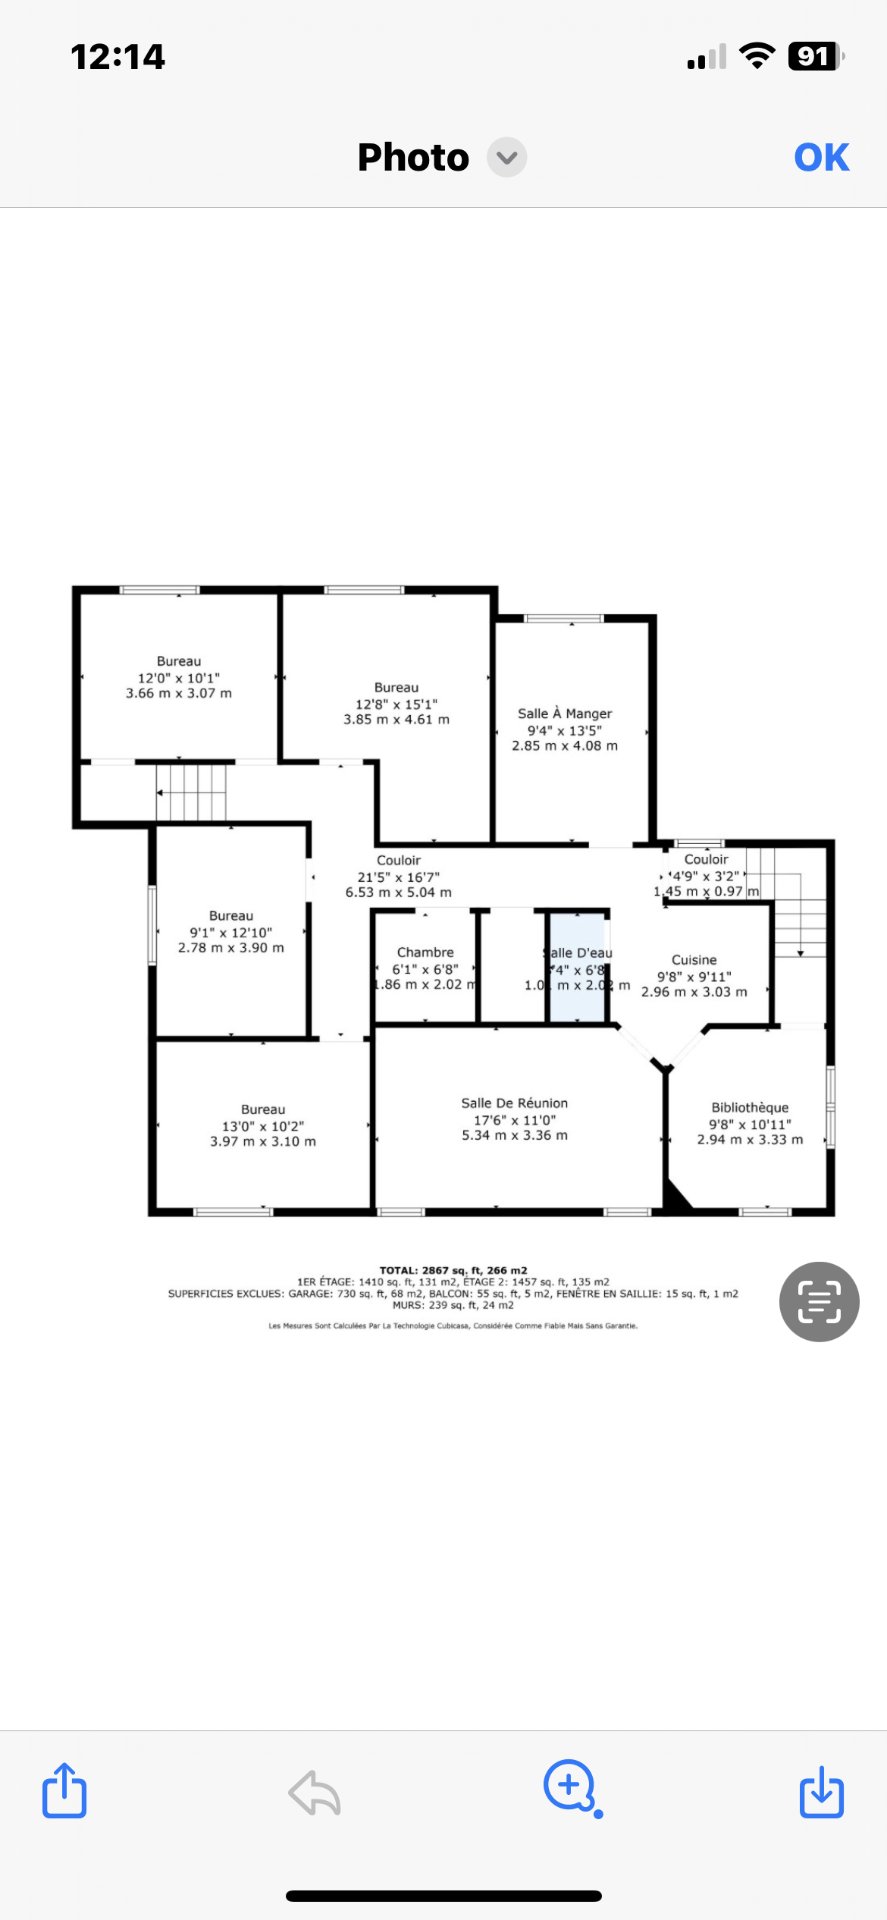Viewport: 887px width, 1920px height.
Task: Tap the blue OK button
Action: (x=821, y=157)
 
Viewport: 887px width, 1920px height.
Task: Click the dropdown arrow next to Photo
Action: (x=507, y=158)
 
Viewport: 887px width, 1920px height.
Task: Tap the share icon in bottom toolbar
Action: (x=64, y=1790)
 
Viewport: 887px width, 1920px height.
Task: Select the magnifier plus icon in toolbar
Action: (x=570, y=1786)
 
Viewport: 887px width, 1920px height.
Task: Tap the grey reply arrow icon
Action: (x=315, y=1792)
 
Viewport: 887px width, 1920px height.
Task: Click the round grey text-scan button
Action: (x=819, y=1301)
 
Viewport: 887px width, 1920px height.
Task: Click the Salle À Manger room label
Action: (x=564, y=713)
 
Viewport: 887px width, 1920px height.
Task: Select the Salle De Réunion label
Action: (x=514, y=1102)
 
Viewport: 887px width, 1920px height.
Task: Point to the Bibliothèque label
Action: (x=750, y=1107)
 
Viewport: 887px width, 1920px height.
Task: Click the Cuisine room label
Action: (x=694, y=959)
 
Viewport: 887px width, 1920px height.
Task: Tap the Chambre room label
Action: (x=425, y=952)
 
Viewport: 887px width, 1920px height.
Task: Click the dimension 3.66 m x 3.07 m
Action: (x=179, y=693)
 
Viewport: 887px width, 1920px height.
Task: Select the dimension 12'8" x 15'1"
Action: (x=396, y=703)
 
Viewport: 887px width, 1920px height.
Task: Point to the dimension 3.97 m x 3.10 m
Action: (x=263, y=1141)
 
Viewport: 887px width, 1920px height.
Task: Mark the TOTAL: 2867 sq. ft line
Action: (x=453, y=1270)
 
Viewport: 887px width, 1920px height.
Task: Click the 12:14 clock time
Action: (x=118, y=57)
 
